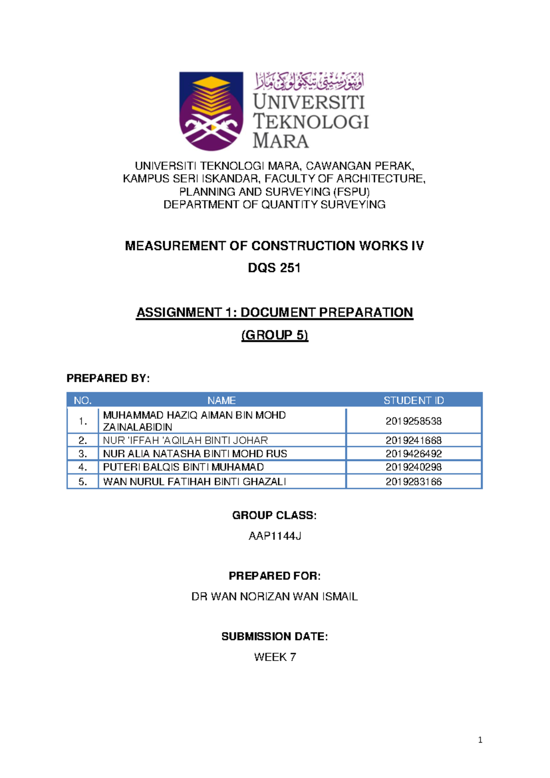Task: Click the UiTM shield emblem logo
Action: (211, 111)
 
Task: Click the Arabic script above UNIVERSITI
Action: (309, 81)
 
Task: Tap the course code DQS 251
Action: (274, 268)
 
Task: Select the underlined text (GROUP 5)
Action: (275, 335)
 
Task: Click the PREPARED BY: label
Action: (108, 378)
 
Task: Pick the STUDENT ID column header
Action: (413, 400)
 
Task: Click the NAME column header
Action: (221, 400)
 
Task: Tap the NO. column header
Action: (82, 400)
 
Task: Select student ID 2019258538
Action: (413, 421)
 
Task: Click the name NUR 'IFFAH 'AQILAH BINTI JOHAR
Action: (185, 440)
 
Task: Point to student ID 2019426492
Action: (413, 454)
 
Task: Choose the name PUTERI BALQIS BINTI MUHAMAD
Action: (183, 467)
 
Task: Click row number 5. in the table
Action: (82, 482)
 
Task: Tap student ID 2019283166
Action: (413, 482)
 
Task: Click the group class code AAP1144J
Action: (275, 536)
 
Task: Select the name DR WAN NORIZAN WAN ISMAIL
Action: (275, 597)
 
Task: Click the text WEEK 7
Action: (275, 657)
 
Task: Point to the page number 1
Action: (480, 740)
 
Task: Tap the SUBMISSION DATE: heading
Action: (275, 637)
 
